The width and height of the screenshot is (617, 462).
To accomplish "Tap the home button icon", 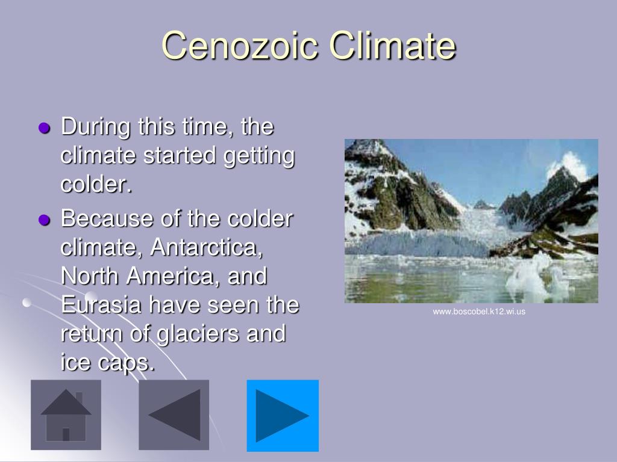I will coord(66,415).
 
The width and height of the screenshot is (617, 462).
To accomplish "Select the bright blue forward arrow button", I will coord(283,415).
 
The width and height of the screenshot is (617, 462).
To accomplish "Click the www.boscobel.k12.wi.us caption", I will coord(479,312).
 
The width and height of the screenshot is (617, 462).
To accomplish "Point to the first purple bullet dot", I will coord(43,128).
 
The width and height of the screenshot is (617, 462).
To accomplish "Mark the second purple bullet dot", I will coord(43,220).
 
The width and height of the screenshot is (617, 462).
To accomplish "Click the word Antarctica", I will coord(208,247).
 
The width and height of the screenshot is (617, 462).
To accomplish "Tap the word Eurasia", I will coord(101,305).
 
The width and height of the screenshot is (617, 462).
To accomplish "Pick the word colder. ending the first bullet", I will coord(96,185).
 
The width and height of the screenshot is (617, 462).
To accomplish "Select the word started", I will coord(180,156).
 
